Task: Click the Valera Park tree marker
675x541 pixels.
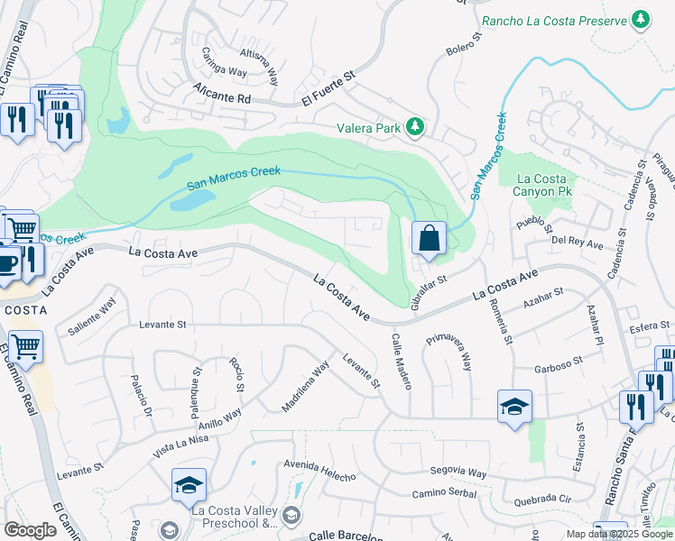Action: [x=414, y=128]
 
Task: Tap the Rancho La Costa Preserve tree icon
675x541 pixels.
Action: [x=641, y=20]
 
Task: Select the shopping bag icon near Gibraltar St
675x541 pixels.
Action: [x=430, y=240]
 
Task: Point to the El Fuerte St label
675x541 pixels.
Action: [x=330, y=93]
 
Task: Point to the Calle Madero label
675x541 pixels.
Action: [x=402, y=361]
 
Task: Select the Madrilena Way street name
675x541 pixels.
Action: [x=305, y=387]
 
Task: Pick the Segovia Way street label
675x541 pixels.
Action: [x=458, y=472]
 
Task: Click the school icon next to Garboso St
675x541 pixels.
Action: [x=514, y=407]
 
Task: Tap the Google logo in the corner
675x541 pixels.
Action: [x=30, y=530]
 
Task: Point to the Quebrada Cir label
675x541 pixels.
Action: [x=541, y=499]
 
